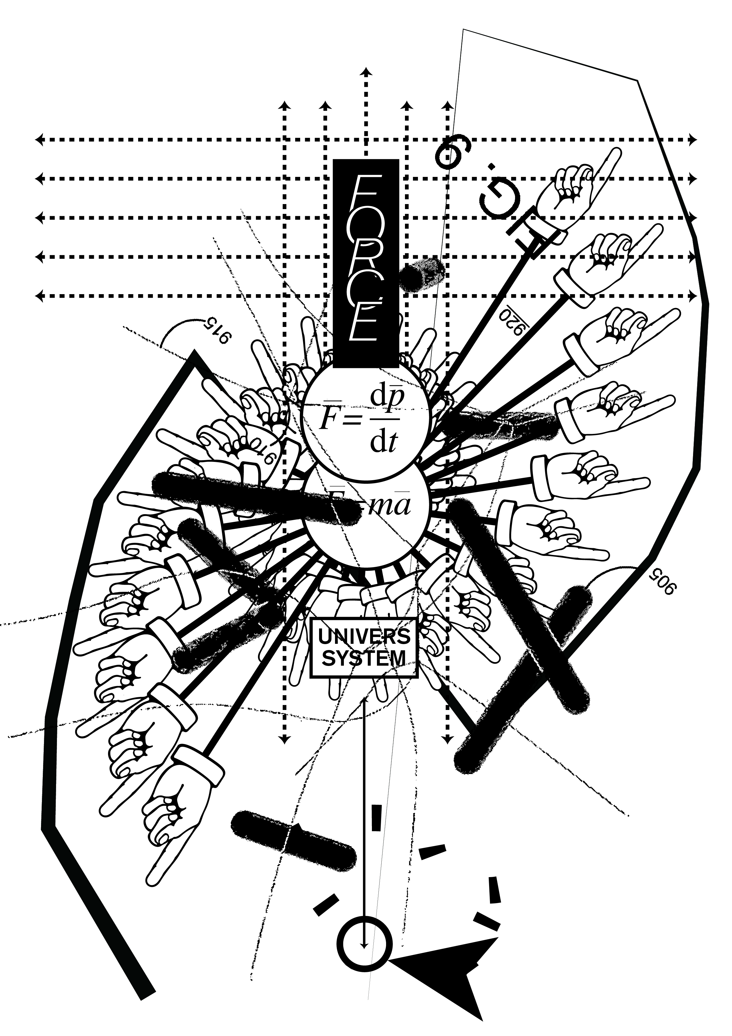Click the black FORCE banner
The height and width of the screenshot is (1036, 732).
366,262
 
